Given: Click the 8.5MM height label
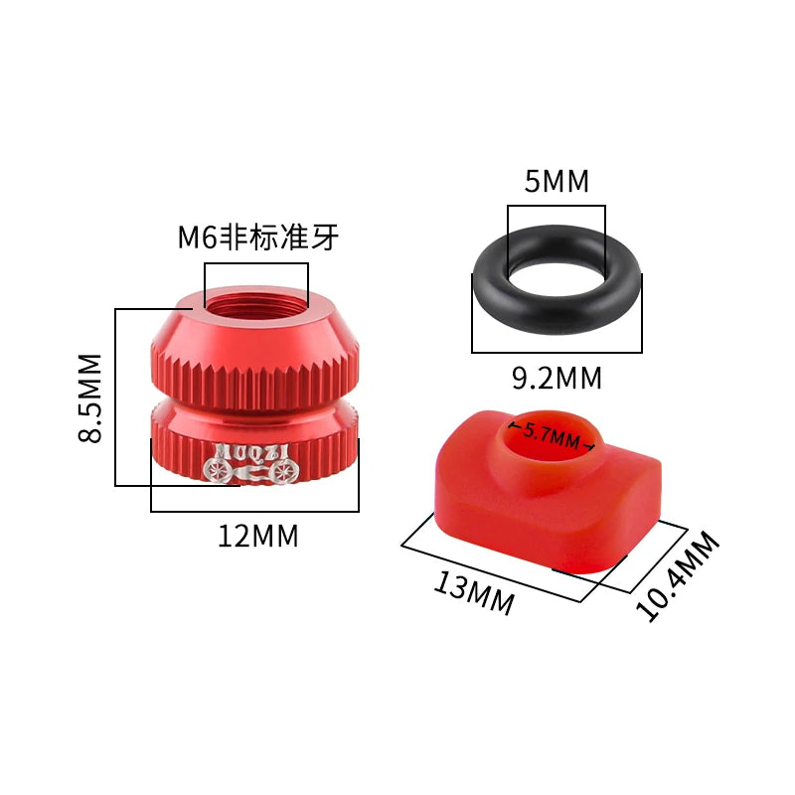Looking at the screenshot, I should [x=90, y=397].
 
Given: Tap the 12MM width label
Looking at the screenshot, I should [x=257, y=536].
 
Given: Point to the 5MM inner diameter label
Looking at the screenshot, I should [x=556, y=182].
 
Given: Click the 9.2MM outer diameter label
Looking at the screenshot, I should [x=556, y=378].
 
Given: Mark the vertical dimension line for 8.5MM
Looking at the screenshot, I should [x=116, y=397].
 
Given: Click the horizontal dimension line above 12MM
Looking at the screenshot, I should [x=254, y=511].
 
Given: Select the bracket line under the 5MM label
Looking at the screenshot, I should [x=556, y=207].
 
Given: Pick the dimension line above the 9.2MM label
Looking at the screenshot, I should [x=556, y=352].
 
